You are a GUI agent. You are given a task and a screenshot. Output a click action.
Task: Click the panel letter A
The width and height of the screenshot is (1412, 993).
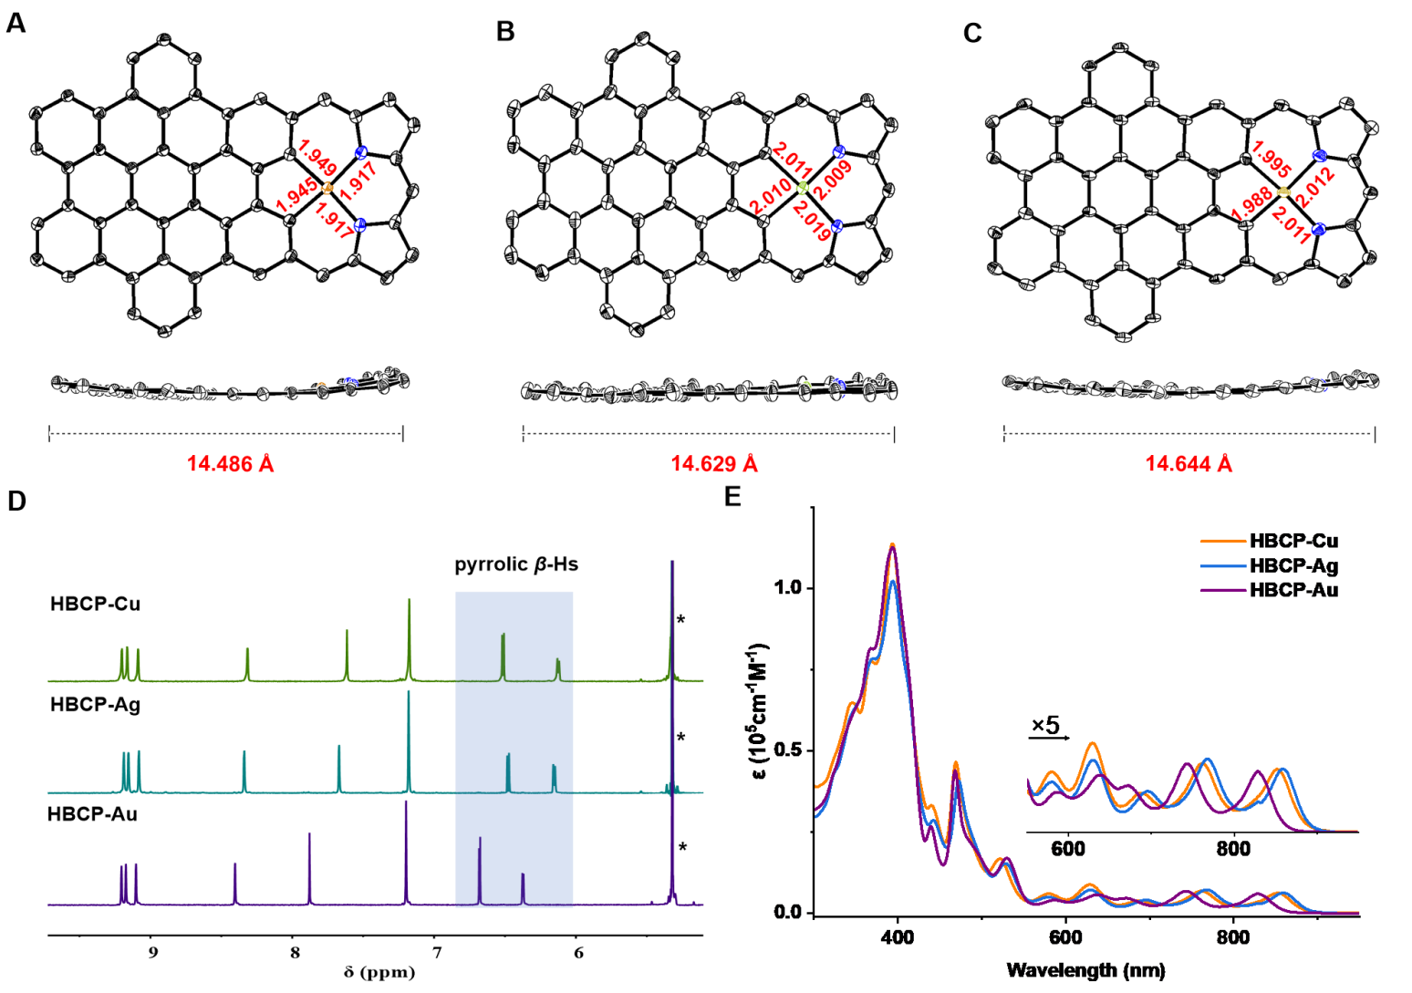coord(16,23)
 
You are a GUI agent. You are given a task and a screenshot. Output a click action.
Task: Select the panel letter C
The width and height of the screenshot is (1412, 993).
coord(972,33)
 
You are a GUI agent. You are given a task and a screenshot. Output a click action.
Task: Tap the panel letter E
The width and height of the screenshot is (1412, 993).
coord(732,497)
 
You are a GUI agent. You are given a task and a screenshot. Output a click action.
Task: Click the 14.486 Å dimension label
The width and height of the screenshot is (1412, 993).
coord(230,464)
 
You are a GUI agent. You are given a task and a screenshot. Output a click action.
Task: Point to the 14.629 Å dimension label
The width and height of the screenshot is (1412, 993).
coord(714,464)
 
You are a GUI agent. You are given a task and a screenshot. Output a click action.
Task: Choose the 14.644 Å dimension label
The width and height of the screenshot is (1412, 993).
coord(1189,464)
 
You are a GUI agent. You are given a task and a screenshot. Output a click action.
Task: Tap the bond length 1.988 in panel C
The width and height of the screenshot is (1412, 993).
coord(1251,203)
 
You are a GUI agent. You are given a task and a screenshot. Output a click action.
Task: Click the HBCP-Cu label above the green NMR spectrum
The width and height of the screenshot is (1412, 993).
coord(95,604)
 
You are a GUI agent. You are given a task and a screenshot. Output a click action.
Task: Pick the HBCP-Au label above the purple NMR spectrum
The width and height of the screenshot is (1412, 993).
coord(92,813)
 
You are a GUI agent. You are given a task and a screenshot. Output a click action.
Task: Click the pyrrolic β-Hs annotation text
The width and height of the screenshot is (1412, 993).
coord(516,564)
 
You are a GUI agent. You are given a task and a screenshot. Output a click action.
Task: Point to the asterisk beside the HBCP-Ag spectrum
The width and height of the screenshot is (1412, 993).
coord(680,738)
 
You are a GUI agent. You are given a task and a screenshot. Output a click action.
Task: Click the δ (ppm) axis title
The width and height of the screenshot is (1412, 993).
coord(379,972)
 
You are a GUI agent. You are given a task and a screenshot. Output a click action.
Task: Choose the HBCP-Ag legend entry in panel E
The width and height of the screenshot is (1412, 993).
coord(1293,565)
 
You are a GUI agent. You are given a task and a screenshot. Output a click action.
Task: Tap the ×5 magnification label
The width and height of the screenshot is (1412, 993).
coord(1045,726)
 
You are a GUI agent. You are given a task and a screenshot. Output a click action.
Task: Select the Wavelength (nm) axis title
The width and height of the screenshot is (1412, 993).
coord(1085,969)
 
